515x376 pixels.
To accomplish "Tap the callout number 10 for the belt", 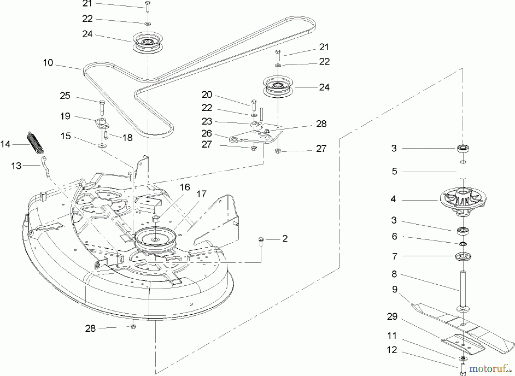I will [x=48, y=63].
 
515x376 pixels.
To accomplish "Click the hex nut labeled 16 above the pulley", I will [x=156, y=219].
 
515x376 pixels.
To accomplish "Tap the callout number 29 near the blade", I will [x=392, y=316].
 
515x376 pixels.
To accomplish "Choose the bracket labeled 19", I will [x=102, y=124].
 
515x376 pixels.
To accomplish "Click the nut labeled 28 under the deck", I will [x=133, y=326].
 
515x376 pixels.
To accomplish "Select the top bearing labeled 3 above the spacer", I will [x=463, y=149].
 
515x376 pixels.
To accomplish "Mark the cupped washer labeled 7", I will [x=463, y=256].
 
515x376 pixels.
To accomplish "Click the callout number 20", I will [x=207, y=94].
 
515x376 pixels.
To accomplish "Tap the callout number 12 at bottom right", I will [x=392, y=350].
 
